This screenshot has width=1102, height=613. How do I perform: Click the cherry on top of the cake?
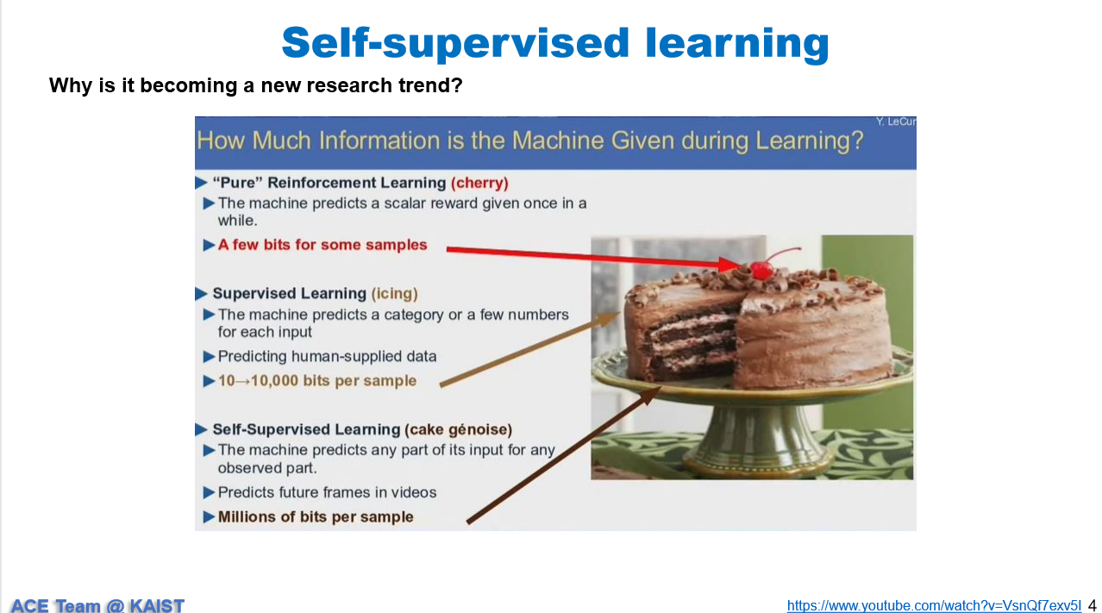click(761, 271)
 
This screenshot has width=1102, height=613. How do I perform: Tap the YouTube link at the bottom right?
click(934, 605)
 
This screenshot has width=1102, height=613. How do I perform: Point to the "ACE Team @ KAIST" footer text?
click(97, 605)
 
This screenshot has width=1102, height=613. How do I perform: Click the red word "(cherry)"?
click(479, 183)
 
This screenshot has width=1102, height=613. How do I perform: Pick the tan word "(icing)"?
click(395, 294)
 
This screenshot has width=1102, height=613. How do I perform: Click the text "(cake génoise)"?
click(459, 429)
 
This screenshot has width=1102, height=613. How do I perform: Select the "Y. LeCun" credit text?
click(896, 122)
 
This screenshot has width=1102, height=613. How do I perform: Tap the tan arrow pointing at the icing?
click(529, 349)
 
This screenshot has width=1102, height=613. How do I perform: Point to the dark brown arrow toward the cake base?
click(564, 454)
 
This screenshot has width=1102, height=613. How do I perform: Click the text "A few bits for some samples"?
click(322, 245)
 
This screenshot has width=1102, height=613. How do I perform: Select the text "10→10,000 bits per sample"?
click(317, 381)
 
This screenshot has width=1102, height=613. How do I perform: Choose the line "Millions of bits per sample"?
click(316, 517)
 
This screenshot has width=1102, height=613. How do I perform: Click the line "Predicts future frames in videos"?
click(327, 492)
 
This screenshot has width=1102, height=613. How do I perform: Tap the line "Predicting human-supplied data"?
click(327, 356)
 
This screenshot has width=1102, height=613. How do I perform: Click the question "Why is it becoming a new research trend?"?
click(256, 85)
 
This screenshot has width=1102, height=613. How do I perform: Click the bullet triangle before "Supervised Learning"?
click(201, 294)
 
